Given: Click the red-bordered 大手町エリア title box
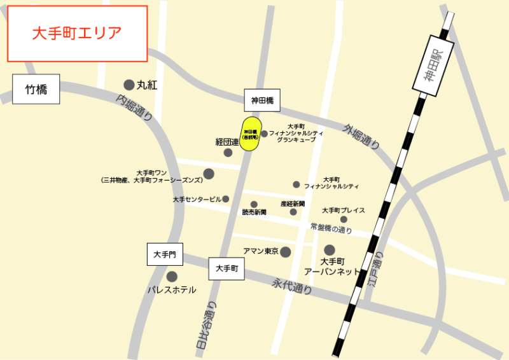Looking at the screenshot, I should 77,34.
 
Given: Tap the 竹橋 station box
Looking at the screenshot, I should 36,89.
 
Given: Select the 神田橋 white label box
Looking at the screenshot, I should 262,100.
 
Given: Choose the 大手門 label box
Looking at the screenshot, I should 165,254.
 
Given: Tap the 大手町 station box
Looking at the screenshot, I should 227,268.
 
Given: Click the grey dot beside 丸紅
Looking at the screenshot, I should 129,85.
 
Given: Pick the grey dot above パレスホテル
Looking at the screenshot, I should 172,277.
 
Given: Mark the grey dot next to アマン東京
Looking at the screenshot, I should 286,252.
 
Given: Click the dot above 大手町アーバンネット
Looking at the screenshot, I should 330,250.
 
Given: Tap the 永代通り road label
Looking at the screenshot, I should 292,286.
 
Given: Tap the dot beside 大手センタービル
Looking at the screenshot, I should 226,199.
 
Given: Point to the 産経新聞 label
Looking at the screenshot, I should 293,204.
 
